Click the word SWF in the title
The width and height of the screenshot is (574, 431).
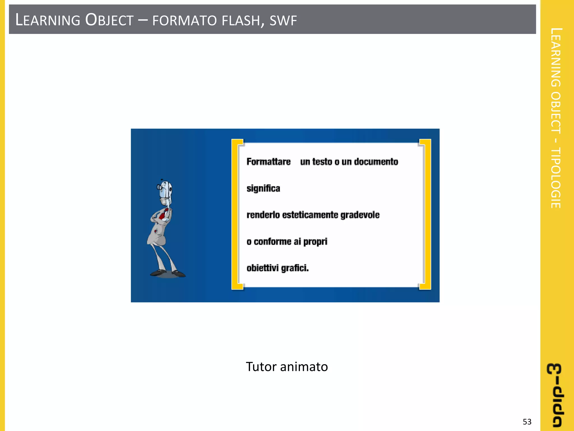tap(283, 21)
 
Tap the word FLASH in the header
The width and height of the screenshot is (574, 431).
tap(241, 21)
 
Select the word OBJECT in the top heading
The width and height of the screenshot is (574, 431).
tap(109, 20)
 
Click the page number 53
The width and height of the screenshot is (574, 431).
tap(527, 422)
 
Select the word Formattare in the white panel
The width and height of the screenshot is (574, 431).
tap(269, 162)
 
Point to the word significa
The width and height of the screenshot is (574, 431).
tap(263, 188)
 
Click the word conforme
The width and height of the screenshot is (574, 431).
tap(272, 242)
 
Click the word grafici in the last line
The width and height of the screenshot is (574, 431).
tap(294, 268)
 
